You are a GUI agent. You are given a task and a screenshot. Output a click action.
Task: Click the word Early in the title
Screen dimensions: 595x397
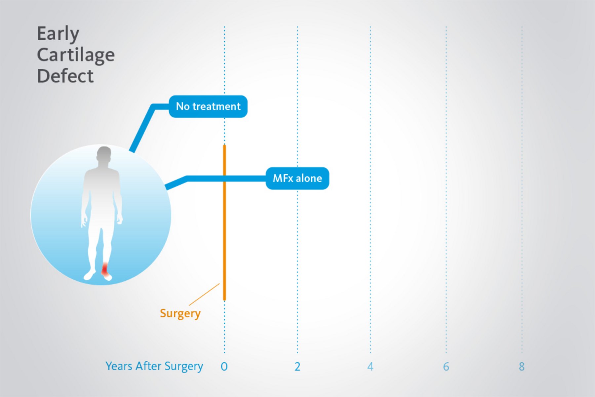point(58,34)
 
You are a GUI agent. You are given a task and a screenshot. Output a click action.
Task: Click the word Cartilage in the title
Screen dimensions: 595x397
point(76,55)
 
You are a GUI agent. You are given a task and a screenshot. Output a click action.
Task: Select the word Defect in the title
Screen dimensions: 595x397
point(65,76)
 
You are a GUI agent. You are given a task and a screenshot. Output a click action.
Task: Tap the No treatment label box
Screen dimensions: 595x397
point(208,106)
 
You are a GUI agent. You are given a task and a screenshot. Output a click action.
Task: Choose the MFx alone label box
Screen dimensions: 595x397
point(297,179)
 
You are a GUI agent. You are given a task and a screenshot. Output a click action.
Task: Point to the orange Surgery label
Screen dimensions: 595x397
point(180,313)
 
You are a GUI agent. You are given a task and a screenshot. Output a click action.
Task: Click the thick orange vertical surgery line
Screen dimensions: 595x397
point(224,222)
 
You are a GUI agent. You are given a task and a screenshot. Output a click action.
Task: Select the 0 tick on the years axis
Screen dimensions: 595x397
point(224,367)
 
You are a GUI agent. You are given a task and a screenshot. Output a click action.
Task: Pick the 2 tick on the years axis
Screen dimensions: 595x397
point(297,367)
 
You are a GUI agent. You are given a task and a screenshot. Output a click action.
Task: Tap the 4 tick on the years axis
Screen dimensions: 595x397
point(370,367)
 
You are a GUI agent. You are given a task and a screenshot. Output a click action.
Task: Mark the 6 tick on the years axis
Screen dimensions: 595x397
point(446,367)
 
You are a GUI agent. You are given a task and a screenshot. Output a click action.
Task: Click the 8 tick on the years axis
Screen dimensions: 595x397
point(522,367)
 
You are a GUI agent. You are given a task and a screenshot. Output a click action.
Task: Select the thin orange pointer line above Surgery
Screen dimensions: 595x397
point(204,294)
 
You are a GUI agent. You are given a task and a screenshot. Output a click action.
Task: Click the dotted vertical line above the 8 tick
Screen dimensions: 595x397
point(522,190)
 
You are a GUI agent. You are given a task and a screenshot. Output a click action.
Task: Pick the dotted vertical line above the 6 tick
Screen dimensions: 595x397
point(446,190)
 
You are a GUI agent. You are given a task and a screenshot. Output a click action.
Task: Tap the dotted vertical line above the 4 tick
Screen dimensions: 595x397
point(370,190)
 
